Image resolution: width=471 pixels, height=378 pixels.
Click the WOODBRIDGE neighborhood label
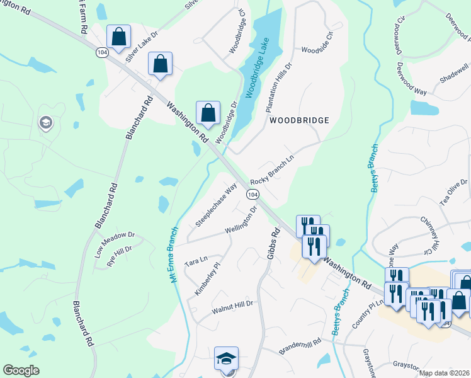pos(300,120)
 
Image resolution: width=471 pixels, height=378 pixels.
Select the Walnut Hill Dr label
pos(232,304)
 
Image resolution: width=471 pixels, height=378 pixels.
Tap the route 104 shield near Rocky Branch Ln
pos(252,196)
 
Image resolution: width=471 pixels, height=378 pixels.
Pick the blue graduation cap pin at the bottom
pos(226,359)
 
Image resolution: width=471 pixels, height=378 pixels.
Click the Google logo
pos(21,370)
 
